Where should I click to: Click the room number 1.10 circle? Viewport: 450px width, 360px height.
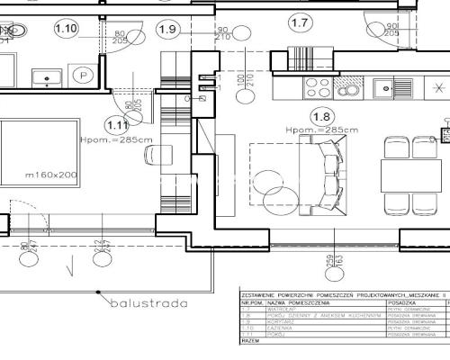[66, 28]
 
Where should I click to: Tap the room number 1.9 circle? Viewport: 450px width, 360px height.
[166, 29]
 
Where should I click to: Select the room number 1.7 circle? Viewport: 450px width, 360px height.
[300, 22]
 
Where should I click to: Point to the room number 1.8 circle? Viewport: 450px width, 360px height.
[321, 116]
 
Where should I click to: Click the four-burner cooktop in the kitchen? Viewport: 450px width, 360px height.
[319, 87]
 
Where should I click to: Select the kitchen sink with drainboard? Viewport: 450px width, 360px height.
[392, 87]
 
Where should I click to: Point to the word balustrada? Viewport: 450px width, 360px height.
[148, 303]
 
